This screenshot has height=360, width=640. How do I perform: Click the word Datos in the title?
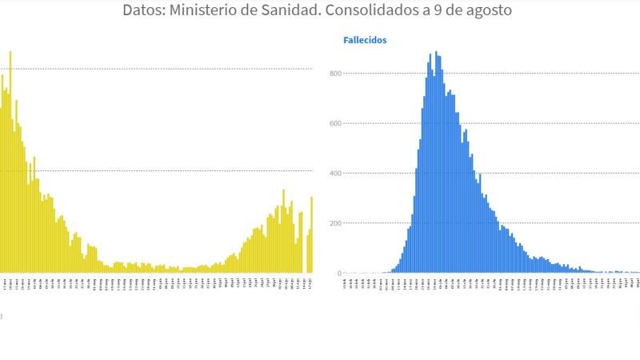[144, 10]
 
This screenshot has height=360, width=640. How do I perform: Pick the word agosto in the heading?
[490, 10]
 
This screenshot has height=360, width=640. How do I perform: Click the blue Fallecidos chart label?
[365, 39]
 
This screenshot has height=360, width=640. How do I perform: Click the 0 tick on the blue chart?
[339, 273]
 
